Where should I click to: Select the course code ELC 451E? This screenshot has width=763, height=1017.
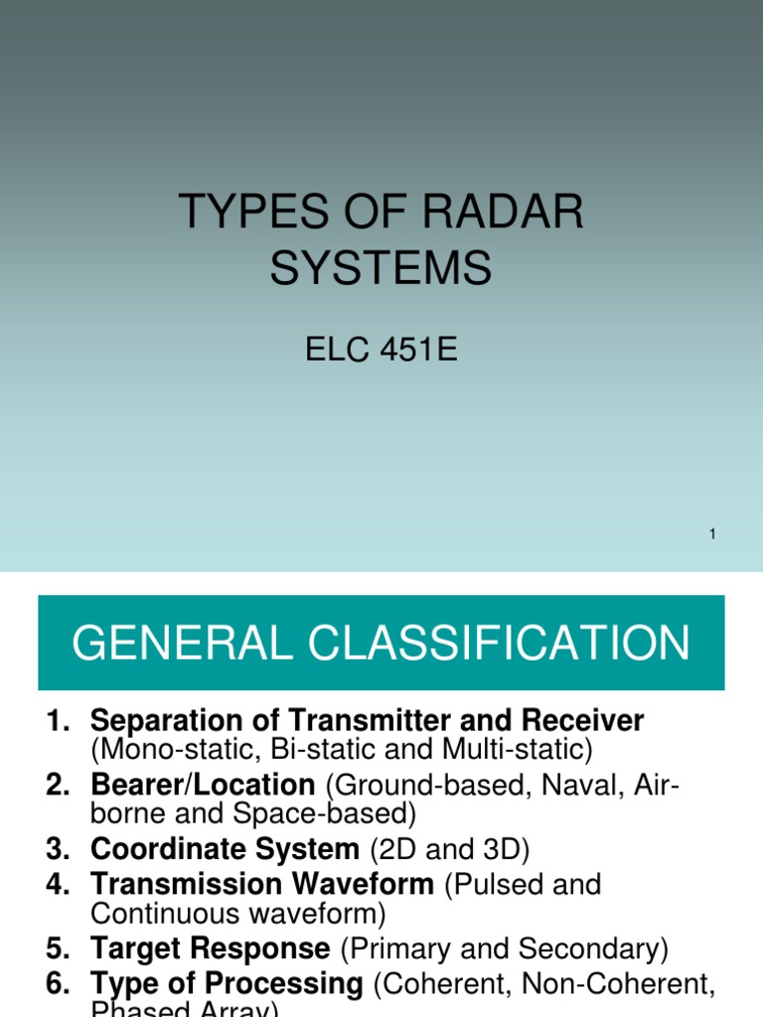pyautogui.click(x=381, y=351)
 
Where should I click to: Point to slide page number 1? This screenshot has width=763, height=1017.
pyautogui.click(x=712, y=534)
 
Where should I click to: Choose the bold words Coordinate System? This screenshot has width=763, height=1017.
pyautogui.click(x=225, y=850)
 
